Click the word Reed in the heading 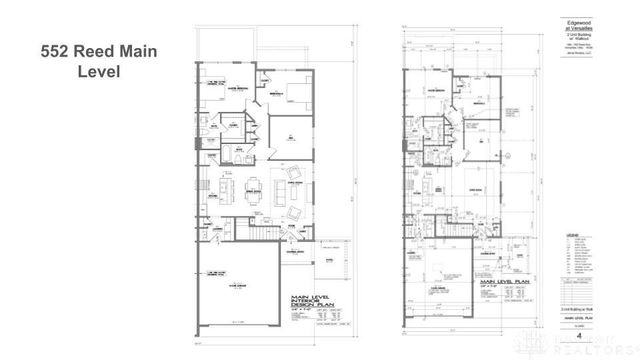coord(100,51)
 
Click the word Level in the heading coord(100,72)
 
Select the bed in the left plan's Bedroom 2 coord(297,95)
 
